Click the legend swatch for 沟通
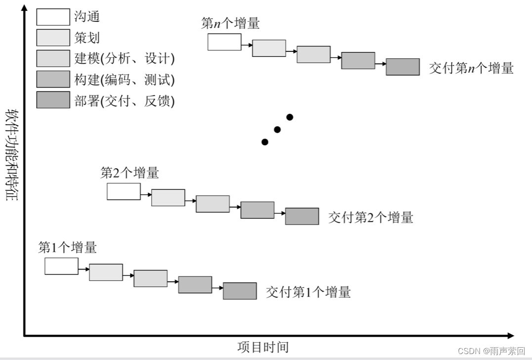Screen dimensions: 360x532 coord(53,17)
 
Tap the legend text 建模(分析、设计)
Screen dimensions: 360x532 coord(125,58)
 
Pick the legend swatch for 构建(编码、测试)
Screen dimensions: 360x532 coord(53,79)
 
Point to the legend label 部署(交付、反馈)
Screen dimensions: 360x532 coord(125,100)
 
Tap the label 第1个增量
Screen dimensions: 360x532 coord(67,247)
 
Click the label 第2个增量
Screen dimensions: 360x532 coord(130,173)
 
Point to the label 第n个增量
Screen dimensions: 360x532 coord(230,23)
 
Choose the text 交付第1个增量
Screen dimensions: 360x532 coord(308,292)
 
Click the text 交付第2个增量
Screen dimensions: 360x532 coord(370,217)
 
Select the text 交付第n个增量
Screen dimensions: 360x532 coord(471,68)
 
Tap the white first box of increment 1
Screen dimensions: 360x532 coord(61,266)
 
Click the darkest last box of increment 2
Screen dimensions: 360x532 coord(302,216)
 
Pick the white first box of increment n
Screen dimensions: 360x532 coord(224,42)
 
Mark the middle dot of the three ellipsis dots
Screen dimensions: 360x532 coord(277,130)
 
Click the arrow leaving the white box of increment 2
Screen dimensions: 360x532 coord(146,195)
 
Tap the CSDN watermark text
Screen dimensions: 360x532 coord(491,351)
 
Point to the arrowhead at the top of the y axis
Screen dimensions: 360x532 coord(24,7)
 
